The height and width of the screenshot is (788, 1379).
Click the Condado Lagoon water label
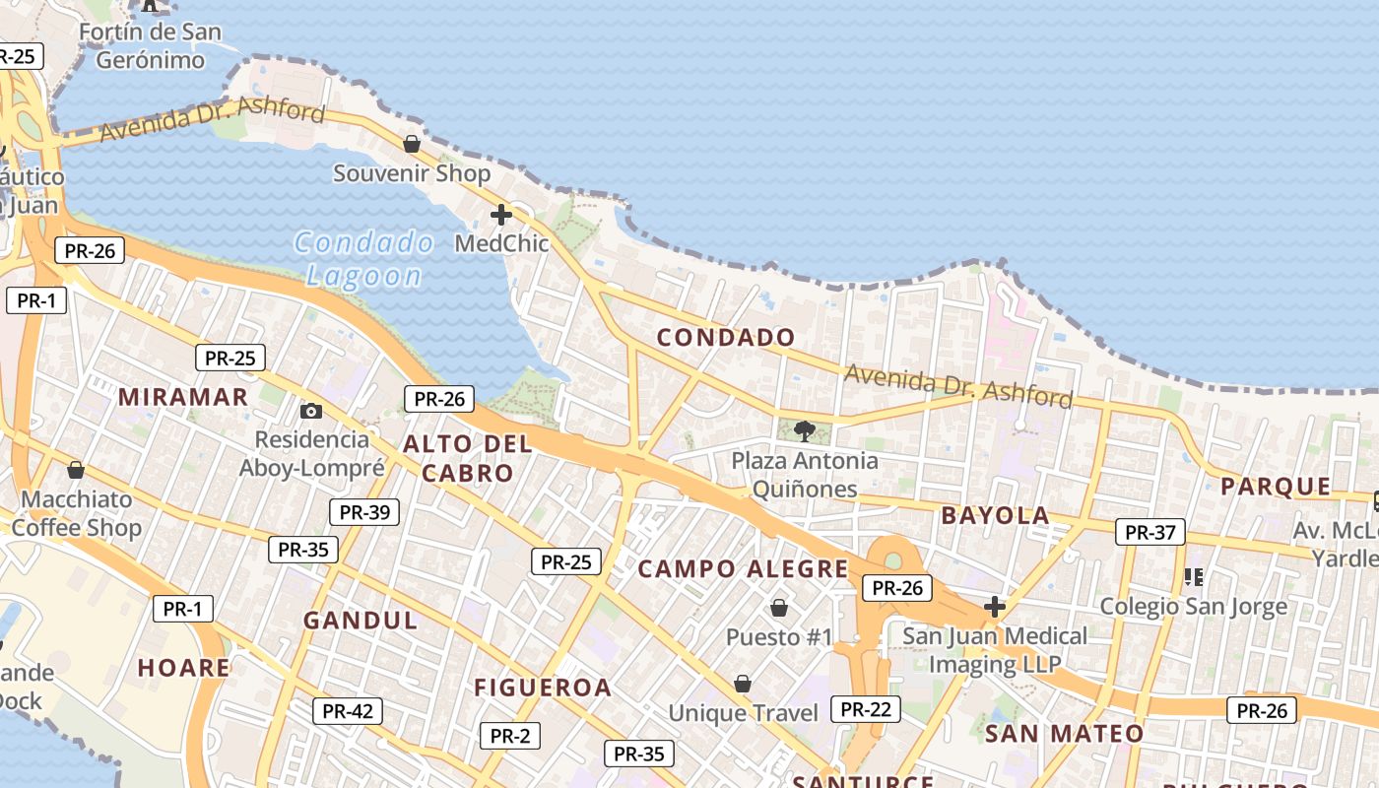click(x=364, y=258)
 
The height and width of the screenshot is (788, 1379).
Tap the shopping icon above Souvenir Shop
click(x=412, y=145)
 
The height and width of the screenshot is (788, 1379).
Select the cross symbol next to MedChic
click(x=501, y=214)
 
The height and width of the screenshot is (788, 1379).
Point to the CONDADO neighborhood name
click(x=726, y=338)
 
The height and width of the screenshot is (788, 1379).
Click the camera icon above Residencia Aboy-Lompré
click(x=311, y=411)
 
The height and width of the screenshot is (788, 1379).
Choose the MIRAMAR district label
click(x=183, y=397)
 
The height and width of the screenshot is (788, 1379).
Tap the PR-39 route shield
click(x=363, y=512)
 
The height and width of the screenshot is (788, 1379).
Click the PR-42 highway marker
click(x=347, y=711)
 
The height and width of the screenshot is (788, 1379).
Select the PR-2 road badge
click(x=510, y=735)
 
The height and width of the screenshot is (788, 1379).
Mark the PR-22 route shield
click(x=866, y=709)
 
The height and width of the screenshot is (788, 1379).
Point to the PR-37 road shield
click(x=1150, y=533)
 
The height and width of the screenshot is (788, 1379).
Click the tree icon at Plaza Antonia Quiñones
click(x=805, y=430)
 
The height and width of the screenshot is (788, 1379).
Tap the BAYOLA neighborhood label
click(x=995, y=515)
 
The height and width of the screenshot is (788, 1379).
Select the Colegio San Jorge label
click(x=1193, y=606)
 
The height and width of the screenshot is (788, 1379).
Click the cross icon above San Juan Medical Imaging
click(x=995, y=607)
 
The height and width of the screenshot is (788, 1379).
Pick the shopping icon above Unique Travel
click(x=743, y=684)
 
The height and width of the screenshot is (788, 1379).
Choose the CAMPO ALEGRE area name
click(x=743, y=569)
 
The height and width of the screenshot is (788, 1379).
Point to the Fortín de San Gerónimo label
click(x=150, y=45)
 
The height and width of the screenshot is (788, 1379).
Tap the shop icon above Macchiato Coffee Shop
click(x=76, y=470)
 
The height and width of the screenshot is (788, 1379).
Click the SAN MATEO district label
click(x=1064, y=734)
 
